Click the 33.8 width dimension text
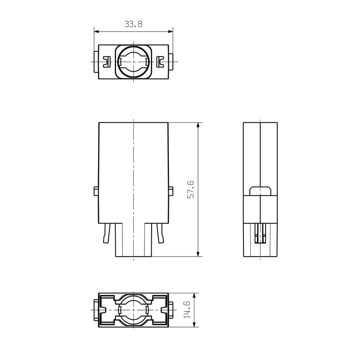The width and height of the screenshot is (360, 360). tap(134, 25)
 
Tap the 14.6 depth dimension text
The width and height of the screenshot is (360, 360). tap(187, 311)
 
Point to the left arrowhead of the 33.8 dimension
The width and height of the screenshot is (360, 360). tap(96, 31)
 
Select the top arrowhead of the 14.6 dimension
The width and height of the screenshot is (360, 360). tap(194, 296)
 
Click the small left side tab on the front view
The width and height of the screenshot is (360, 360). tap(95, 191)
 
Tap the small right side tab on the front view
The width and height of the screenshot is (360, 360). tap(171, 191)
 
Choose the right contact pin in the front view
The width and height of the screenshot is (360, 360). tap(160, 234)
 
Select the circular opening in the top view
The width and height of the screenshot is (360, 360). tap(134, 62)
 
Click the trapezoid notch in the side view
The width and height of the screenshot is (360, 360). tap(261, 191)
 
